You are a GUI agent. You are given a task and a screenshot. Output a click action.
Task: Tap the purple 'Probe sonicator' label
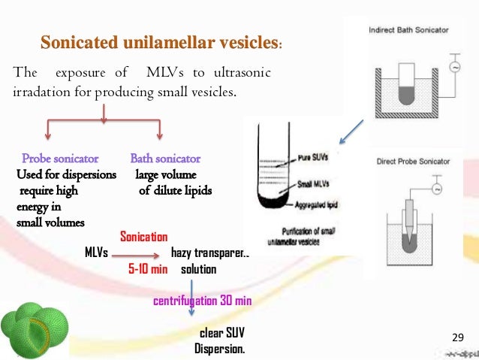click(x=61, y=159)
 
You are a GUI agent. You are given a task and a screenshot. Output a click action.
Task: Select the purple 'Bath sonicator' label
click(x=165, y=159)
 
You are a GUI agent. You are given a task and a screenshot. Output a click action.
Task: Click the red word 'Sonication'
click(x=144, y=237)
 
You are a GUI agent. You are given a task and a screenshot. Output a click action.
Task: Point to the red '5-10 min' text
click(x=147, y=268)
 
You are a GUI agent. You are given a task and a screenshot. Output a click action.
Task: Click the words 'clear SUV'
click(x=221, y=333)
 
